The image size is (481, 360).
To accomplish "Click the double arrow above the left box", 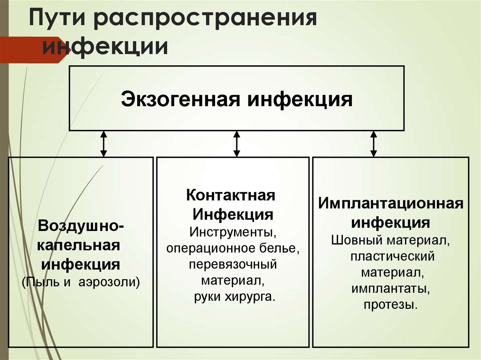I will pyautogui.click(x=104, y=144).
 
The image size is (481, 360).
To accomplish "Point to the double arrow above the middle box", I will pyautogui.click(x=237, y=144).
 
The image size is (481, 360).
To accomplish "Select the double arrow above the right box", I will pyautogui.click(x=373, y=144).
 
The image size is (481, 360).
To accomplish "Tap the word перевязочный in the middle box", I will pyautogui.click(x=233, y=264).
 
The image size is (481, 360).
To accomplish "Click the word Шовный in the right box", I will pyautogui.click(x=357, y=240).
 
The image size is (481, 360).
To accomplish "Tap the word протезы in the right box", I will pyautogui.click(x=390, y=305).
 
